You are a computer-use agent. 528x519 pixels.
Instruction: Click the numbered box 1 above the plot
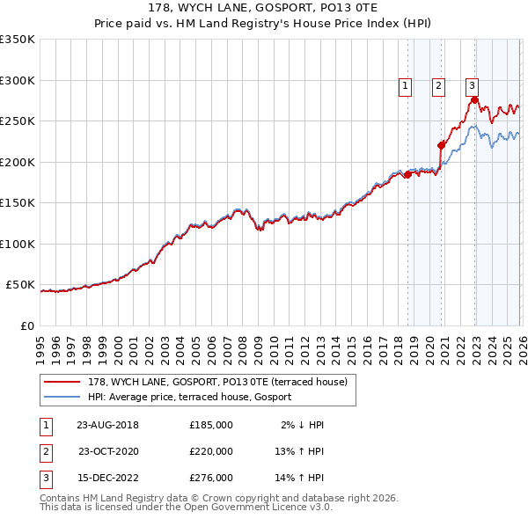405,85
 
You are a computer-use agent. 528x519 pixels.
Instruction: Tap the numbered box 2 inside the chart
438,85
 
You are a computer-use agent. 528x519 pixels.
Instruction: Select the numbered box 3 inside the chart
472,85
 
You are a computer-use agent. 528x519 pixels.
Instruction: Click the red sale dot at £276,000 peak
474,100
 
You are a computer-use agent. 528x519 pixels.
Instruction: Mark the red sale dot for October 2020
441,146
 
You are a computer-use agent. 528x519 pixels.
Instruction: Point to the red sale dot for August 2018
407,174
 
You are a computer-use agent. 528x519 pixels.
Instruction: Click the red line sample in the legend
62,382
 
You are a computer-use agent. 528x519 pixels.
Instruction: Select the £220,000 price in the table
211,451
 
